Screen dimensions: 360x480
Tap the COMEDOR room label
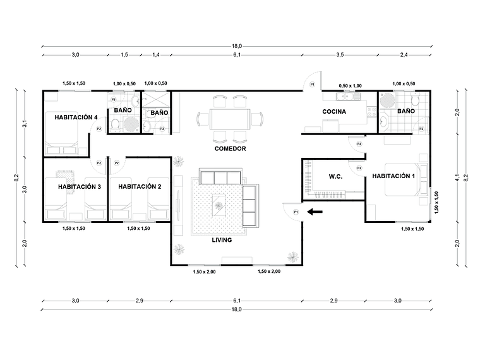point(230,148)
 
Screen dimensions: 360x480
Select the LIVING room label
point(222,240)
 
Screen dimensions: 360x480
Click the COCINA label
point(334,112)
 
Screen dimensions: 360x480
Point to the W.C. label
point(335,177)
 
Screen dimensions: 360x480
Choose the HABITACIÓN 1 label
point(393,176)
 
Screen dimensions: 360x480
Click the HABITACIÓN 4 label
point(76,117)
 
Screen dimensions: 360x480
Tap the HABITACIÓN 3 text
point(80,186)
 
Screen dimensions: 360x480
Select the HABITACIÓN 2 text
point(140,186)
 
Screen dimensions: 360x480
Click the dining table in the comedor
point(223,119)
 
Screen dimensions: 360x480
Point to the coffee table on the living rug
point(218,203)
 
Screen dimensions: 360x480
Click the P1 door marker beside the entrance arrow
point(296,212)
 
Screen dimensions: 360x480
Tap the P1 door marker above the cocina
point(312,85)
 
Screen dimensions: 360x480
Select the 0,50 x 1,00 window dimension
point(350,85)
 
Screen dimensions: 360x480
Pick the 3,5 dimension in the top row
point(340,55)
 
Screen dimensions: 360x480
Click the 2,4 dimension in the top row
point(404,55)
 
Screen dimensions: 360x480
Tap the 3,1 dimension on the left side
point(25,124)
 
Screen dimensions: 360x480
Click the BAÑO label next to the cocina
point(406,111)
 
